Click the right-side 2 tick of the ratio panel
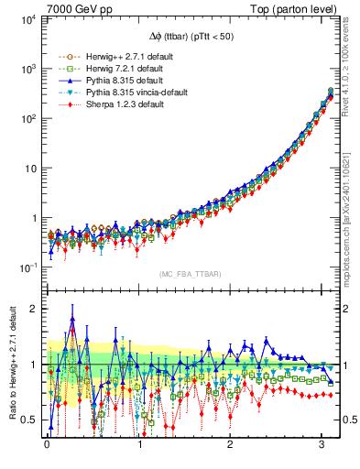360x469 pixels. point(346,309)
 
